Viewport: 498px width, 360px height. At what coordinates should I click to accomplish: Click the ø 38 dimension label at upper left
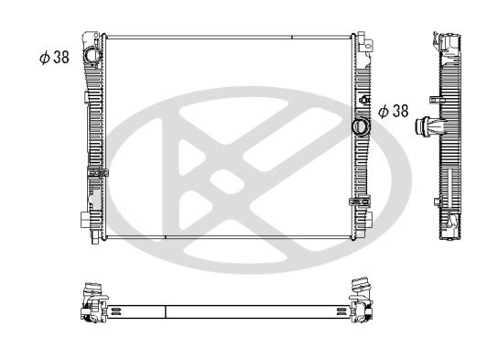[53, 56]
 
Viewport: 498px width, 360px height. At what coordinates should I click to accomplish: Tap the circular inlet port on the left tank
[93, 57]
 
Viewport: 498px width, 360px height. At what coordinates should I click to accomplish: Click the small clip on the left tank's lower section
[97, 171]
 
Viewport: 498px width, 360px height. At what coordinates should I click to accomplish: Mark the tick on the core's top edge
[291, 38]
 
